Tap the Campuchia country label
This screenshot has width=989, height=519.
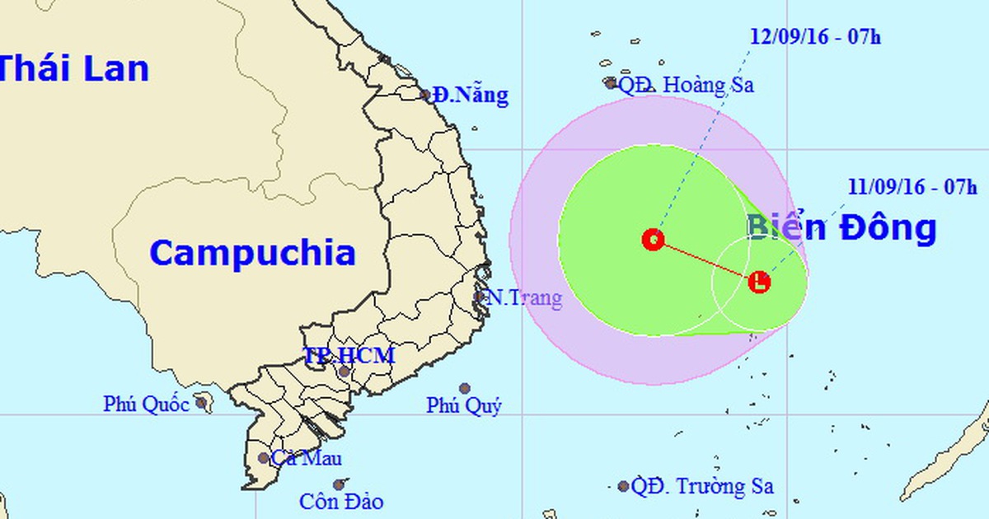click(x=252, y=253)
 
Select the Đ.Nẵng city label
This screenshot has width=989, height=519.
click(x=471, y=96)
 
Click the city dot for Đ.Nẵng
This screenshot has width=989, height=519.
click(x=426, y=95)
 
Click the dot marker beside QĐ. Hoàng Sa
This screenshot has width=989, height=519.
click(x=611, y=83)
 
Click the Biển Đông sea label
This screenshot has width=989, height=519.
click(x=841, y=227)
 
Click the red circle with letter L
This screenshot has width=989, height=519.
click(x=760, y=283)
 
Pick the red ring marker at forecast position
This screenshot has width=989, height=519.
click(x=654, y=240)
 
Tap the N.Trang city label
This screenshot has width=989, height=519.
click(x=523, y=298)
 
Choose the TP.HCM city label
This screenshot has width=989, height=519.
click(x=349, y=356)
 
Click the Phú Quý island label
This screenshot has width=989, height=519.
click(x=464, y=405)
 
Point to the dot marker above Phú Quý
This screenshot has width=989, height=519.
click(x=465, y=388)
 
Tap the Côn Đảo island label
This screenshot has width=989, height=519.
click(x=341, y=501)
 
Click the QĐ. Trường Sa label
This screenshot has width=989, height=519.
click(x=702, y=487)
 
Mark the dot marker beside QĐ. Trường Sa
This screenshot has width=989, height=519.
click(x=624, y=487)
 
